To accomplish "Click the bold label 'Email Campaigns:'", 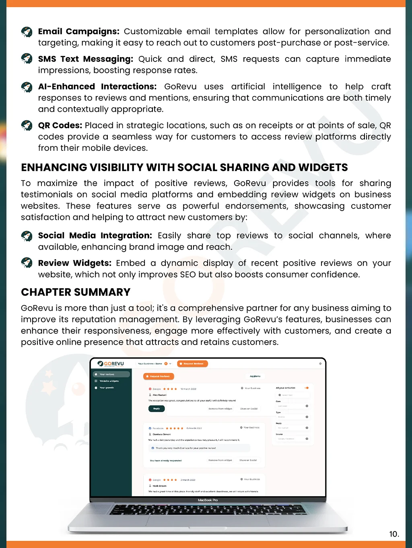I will point(78,31).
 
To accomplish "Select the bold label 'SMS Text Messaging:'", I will point(85,59).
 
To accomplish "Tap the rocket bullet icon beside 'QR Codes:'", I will point(27,126).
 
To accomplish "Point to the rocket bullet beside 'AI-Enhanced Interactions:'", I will point(27,87).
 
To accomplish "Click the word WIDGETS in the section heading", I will point(321,167).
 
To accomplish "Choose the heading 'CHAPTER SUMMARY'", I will point(76,292).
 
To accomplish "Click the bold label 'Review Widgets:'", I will point(74,263).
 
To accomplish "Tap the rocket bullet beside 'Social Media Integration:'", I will point(27,236).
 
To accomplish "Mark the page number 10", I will point(394,534).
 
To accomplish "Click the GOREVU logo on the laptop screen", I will point(111,364).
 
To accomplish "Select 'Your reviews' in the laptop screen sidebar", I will point(107,374).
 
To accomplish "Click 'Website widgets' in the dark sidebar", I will point(109,381).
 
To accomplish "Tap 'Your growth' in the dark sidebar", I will point(107,388).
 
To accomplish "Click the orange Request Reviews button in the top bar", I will point(193,364).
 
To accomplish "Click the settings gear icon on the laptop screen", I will point(320,364).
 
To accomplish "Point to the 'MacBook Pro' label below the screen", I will point(208,500).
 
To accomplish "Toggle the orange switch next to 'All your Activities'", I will point(307,388).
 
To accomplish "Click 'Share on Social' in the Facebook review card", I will point(248,460).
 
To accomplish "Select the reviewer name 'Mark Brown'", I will point(159,486).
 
